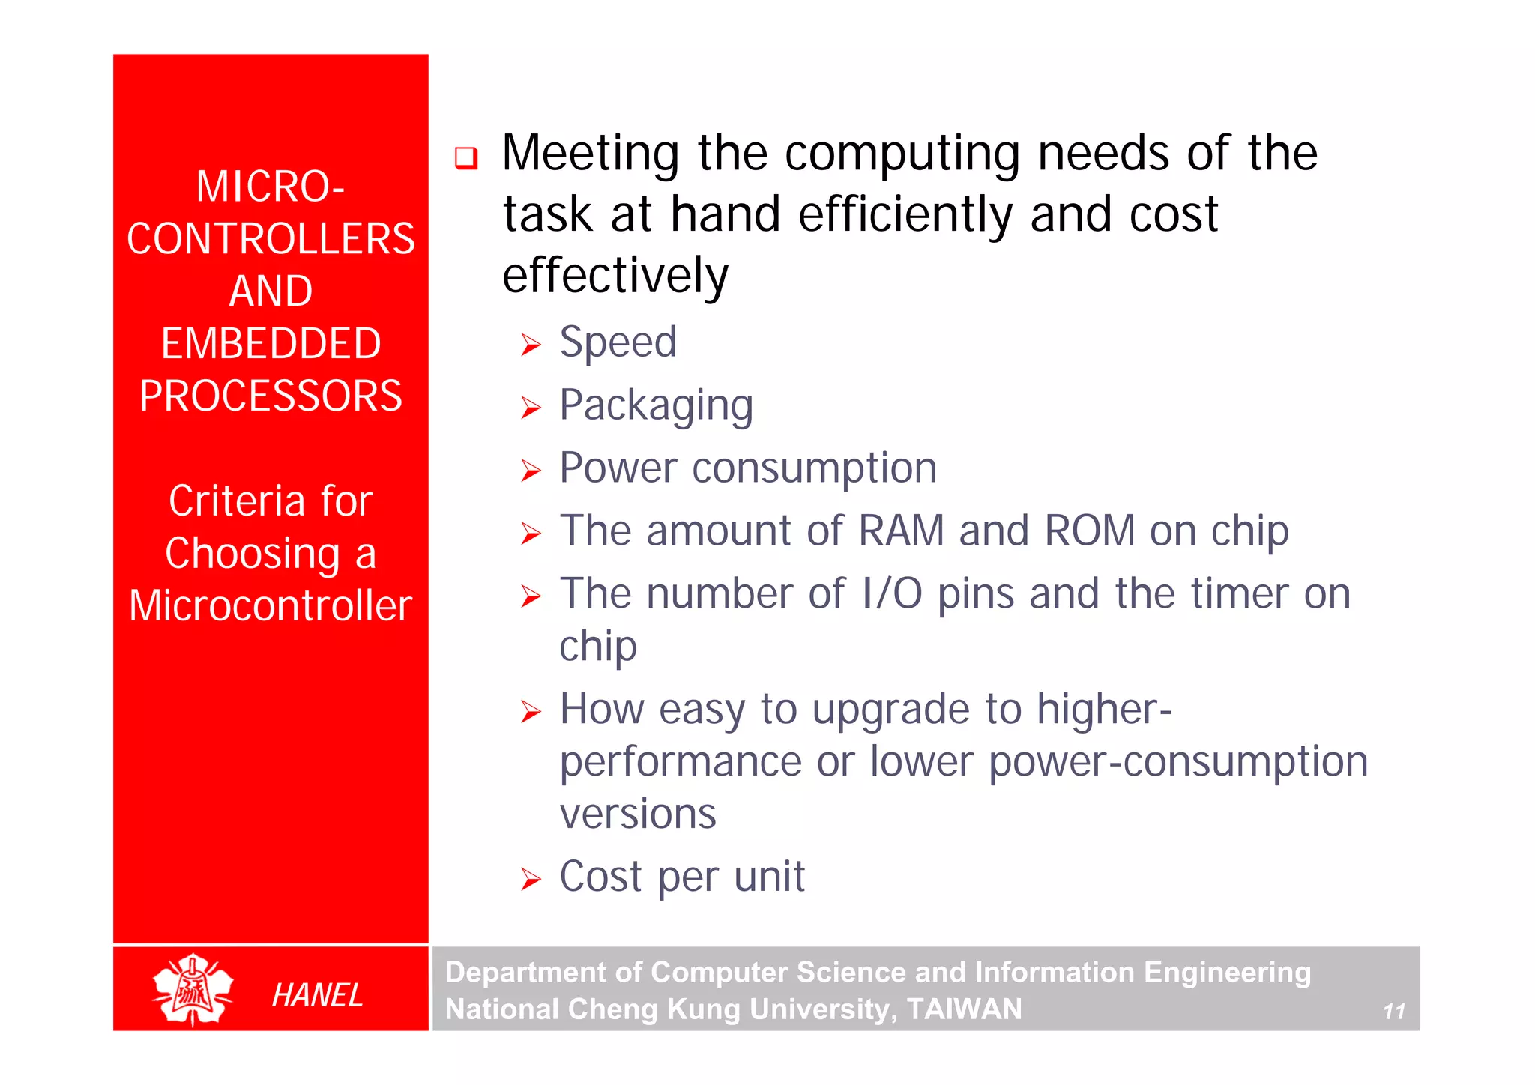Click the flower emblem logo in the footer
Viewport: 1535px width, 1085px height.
(193, 989)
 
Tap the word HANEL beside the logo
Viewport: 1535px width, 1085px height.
(317, 995)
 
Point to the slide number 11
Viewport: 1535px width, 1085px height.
(1393, 1012)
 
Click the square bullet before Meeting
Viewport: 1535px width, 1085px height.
(466, 158)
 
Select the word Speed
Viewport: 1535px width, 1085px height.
(618, 343)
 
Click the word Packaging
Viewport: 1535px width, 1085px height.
(656, 406)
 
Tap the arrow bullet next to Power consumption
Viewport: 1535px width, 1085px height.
(531, 471)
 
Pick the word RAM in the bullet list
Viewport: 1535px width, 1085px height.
(901, 531)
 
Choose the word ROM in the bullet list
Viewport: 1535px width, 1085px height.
(1090, 531)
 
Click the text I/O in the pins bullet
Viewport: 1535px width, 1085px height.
(892, 593)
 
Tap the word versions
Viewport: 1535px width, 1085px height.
(638, 814)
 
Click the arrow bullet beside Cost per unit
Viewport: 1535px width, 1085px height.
(531, 879)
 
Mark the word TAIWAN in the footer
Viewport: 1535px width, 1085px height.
(964, 1009)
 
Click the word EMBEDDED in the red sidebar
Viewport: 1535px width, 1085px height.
(271, 344)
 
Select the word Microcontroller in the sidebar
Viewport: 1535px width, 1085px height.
(271, 605)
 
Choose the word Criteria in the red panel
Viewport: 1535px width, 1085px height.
(236, 501)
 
